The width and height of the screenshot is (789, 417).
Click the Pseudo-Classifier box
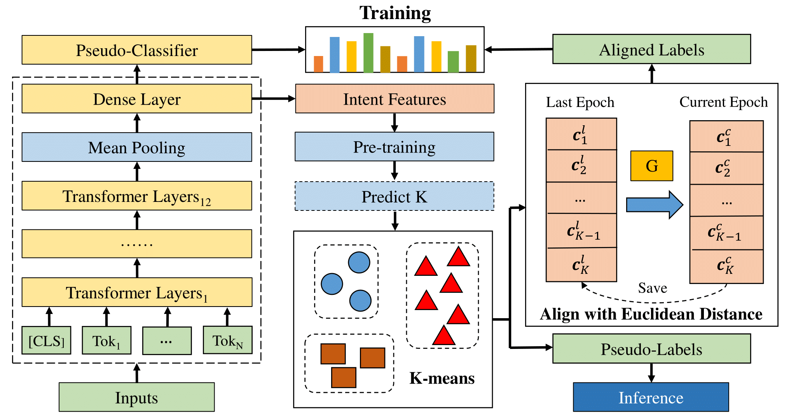[x=136, y=50]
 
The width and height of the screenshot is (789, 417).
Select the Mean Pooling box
[x=136, y=147]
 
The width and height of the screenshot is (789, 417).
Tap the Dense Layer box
[x=136, y=99]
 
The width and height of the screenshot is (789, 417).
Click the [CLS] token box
[x=46, y=341]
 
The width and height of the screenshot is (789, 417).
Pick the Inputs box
[x=136, y=397]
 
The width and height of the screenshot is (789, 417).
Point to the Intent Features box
[x=394, y=99]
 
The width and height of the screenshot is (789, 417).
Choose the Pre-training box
[x=394, y=147]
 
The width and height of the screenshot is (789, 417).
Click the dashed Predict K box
[x=394, y=196]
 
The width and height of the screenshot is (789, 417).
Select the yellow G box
[x=651, y=166]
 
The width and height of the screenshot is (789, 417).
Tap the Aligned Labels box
[x=651, y=49]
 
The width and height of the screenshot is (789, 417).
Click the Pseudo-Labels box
[x=651, y=349]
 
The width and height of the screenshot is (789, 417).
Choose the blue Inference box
[x=651, y=397]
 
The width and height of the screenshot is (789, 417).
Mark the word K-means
[x=442, y=378]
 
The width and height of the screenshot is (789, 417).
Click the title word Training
[x=395, y=13]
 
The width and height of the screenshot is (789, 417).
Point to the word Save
[x=653, y=288]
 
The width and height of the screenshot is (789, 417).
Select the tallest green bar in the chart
[x=368, y=53]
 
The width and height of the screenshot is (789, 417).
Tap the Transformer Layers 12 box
[x=136, y=196]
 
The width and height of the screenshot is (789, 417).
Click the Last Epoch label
[x=580, y=102]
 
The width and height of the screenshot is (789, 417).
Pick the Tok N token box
[x=227, y=341]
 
